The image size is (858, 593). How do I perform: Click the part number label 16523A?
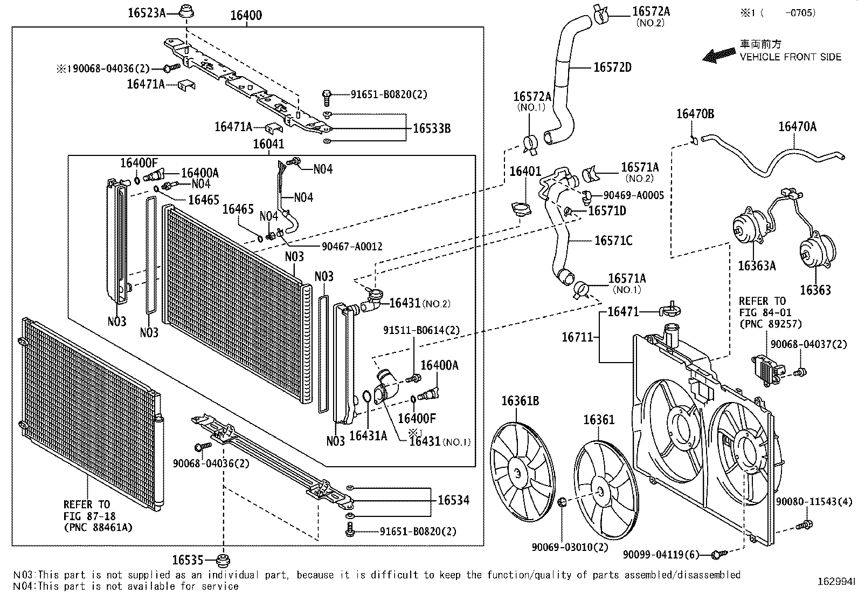146,12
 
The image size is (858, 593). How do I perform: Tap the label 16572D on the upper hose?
612,67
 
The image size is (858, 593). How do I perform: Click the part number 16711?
577,337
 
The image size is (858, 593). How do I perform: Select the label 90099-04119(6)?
661,554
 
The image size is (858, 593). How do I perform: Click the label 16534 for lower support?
453,500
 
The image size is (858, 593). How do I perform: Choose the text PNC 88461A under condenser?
98,527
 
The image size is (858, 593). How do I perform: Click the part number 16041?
269,144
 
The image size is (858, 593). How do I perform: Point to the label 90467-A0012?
352,247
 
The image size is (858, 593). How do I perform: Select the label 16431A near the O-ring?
368,435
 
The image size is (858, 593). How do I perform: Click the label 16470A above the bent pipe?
797,127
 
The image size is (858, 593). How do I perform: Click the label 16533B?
432,128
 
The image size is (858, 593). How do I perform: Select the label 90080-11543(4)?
814,502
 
